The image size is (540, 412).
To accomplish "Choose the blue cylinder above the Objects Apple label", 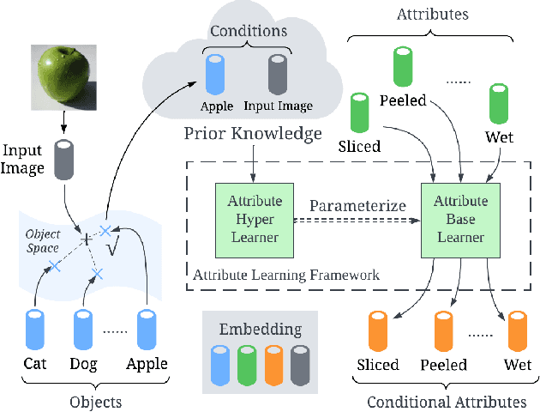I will (147, 329).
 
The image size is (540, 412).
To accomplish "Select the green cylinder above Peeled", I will (402, 67).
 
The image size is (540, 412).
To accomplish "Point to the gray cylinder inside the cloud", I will (276, 74).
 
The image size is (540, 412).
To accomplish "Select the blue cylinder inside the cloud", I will (216, 74).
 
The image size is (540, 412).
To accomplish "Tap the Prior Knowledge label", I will (253, 134).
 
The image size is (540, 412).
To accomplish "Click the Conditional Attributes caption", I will (446, 401).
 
